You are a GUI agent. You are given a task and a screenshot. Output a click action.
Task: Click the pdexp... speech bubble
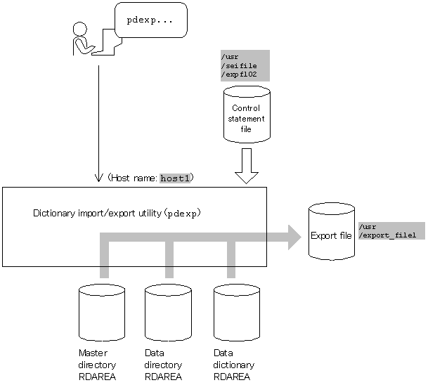(151, 20)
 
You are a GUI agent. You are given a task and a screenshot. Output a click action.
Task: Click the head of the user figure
(80, 29)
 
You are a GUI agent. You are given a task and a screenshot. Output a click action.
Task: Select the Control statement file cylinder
(247, 115)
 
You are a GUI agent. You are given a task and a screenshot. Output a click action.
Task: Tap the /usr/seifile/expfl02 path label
(245, 66)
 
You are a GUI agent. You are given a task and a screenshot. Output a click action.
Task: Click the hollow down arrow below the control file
(247, 166)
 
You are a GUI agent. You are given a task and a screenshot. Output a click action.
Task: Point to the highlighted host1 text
(175, 178)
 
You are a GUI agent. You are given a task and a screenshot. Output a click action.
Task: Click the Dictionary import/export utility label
(117, 214)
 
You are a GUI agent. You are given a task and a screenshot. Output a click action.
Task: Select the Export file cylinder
(332, 231)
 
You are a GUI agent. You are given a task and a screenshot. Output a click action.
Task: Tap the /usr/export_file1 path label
(391, 230)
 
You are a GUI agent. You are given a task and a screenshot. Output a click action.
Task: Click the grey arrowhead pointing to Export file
(294, 237)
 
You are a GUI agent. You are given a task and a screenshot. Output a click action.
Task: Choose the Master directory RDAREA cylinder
(102, 313)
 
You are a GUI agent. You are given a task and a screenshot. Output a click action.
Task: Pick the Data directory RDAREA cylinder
(168, 313)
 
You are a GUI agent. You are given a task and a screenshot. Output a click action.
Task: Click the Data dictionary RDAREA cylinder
(237, 313)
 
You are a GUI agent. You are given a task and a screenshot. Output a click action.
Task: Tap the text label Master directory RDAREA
(97, 365)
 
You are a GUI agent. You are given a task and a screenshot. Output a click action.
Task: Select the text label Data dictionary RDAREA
(233, 365)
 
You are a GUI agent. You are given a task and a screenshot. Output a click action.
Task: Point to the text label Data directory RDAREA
(163, 365)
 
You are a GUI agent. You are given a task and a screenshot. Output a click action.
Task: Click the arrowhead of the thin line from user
(98, 178)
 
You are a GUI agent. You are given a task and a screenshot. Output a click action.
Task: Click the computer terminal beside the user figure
(107, 42)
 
